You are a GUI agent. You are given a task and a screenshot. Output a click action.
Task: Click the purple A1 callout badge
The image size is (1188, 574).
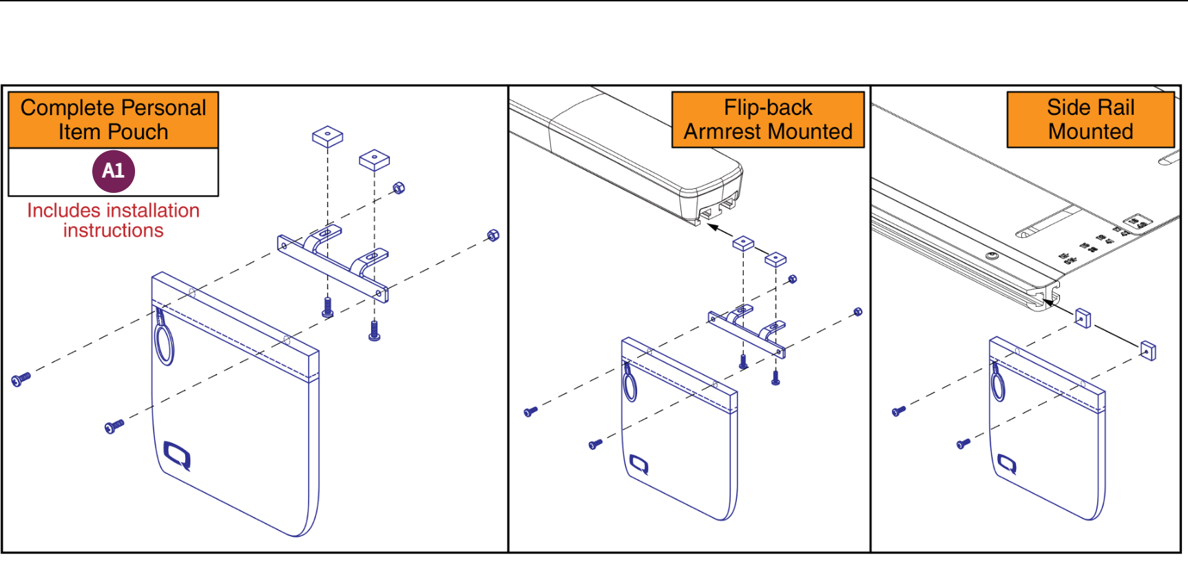[x=114, y=171]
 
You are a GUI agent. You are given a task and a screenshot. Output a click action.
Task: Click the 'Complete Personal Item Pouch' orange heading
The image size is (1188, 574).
[x=114, y=120]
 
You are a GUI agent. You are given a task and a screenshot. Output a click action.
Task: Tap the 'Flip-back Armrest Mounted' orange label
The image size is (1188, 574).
[x=768, y=120]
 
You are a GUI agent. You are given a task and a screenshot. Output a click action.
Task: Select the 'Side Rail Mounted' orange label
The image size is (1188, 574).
[x=1090, y=120]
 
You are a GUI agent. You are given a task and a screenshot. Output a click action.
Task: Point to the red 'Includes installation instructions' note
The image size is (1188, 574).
[x=114, y=221]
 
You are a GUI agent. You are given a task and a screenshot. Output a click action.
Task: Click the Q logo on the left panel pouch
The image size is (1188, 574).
[x=178, y=456]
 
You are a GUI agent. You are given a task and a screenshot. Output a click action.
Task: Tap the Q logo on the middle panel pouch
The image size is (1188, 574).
[x=639, y=465]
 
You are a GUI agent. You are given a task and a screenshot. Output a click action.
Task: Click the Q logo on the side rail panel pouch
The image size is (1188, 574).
[x=1008, y=464]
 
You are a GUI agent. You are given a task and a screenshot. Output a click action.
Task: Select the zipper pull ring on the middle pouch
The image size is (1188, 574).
[x=629, y=383]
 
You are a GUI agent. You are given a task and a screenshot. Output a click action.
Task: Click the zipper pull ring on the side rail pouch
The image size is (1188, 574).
[x=998, y=383]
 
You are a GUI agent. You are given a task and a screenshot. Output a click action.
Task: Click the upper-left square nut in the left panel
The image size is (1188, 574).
[x=328, y=136]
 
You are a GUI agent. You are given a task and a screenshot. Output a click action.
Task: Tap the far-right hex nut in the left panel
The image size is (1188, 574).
[x=493, y=236]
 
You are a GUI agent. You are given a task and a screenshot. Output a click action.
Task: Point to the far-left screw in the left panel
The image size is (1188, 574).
[x=21, y=379]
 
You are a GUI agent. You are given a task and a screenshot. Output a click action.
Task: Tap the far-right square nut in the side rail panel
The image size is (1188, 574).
[x=1148, y=351]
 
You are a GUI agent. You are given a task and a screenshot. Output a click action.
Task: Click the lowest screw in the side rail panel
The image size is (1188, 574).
[x=963, y=444]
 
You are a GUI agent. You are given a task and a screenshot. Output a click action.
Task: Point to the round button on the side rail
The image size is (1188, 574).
[x=992, y=256]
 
